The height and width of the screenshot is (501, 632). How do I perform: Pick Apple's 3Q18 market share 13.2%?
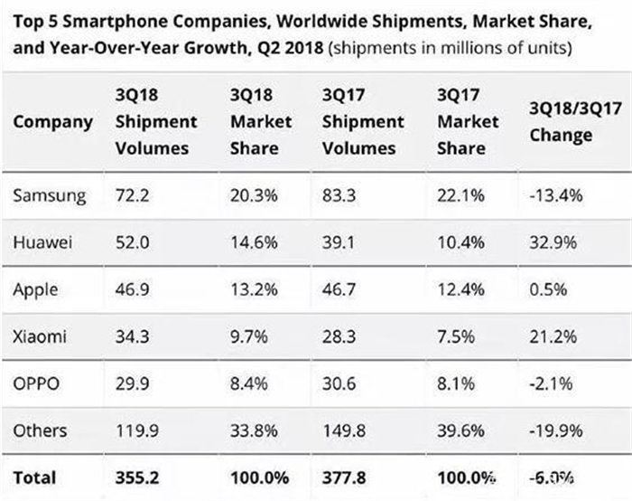[x=249, y=290]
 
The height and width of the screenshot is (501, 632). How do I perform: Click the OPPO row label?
[x=35, y=384]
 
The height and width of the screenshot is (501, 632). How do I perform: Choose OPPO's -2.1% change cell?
[x=548, y=384]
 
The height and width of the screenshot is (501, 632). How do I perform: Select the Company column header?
[x=52, y=121]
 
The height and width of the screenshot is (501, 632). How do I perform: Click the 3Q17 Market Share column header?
[x=467, y=121]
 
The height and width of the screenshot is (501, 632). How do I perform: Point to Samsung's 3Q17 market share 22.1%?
[x=459, y=195]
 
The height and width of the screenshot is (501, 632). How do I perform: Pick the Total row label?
[x=34, y=477]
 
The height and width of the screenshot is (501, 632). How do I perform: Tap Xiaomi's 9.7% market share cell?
[x=246, y=337]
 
